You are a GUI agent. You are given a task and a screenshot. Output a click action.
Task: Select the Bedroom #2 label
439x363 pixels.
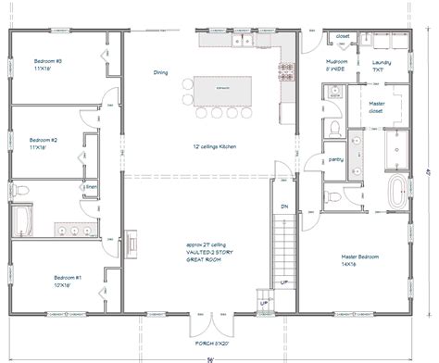click(x=43, y=144)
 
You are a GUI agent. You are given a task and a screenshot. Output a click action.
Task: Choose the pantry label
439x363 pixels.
click(x=335, y=158)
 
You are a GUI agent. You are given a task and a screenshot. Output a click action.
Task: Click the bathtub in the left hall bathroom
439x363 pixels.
click(x=21, y=220)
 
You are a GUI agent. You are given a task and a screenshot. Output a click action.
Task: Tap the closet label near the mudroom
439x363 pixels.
click(x=343, y=37)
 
